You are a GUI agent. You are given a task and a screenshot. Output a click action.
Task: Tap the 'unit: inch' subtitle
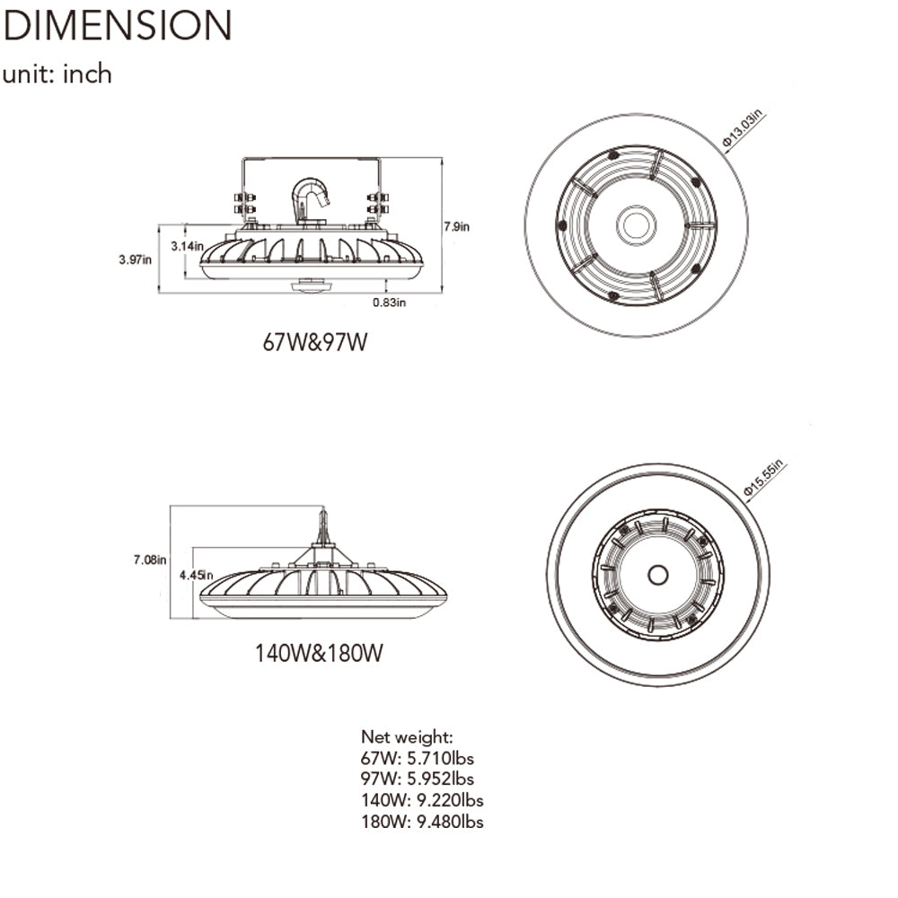tap(57, 74)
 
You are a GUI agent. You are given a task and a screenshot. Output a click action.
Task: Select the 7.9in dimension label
tap(456, 227)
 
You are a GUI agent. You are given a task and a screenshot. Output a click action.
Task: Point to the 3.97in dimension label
tap(135, 260)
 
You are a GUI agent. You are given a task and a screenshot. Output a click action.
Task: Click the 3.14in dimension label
tap(187, 244)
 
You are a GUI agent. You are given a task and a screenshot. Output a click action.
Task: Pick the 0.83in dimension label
tap(390, 303)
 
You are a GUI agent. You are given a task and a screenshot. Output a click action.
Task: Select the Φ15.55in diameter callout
tap(764, 477)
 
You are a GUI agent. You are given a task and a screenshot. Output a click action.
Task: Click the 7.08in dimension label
tap(149, 560)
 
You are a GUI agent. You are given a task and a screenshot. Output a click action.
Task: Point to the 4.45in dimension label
tap(195, 575)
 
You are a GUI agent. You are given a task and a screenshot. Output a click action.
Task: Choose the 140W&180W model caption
tap(319, 653)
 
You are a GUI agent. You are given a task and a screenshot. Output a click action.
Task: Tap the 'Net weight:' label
tap(401, 737)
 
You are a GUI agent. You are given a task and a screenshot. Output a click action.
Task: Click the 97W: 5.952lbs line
tap(418, 779)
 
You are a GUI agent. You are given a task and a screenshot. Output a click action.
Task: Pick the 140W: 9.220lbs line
tap(423, 800)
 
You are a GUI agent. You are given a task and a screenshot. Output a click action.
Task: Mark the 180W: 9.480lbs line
tap(423, 822)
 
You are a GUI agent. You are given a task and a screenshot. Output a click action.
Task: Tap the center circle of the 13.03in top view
tap(637, 224)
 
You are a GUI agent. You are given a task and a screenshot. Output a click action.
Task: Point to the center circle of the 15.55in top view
tap(657, 574)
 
